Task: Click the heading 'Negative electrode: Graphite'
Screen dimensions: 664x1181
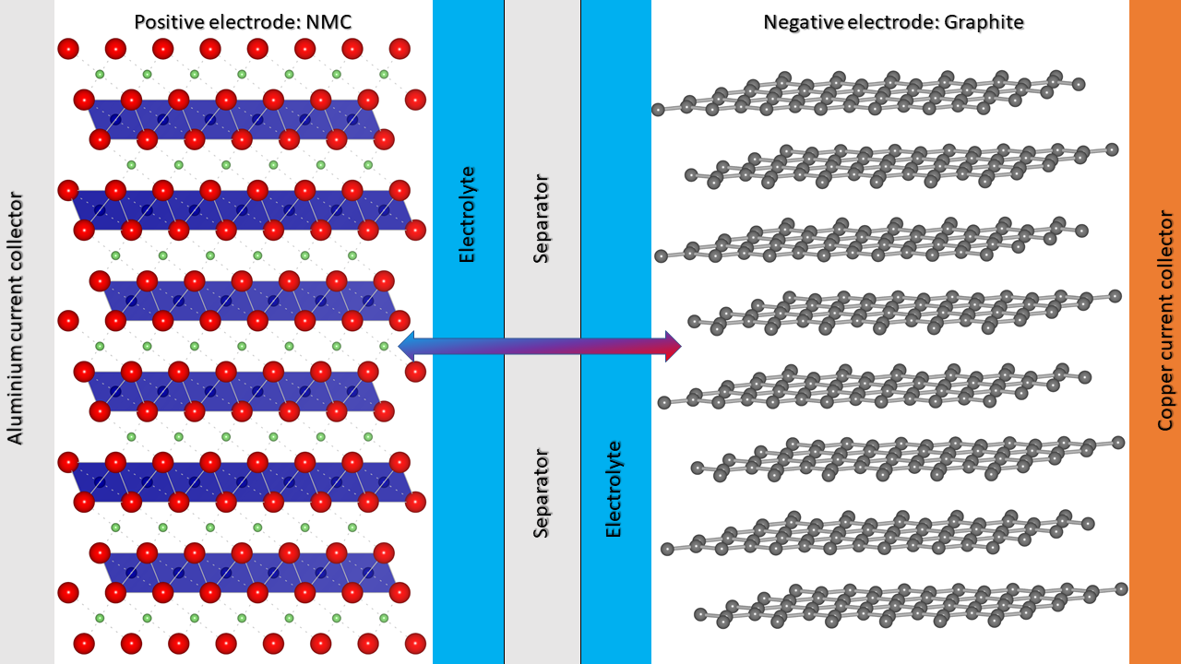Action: click(x=893, y=22)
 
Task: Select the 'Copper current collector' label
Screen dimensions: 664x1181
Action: click(x=1165, y=321)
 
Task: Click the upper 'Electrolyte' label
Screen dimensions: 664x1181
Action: click(x=468, y=214)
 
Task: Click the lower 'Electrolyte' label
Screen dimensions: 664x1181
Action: click(x=614, y=489)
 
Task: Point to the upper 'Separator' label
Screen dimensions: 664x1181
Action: click(x=542, y=219)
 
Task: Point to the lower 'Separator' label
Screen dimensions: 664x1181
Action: click(x=542, y=492)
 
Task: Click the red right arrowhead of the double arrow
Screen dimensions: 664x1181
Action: click(x=673, y=346)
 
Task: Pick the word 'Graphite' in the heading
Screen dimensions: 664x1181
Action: click(x=988, y=22)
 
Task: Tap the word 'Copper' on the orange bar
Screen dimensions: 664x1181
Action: click(x=1165, y=400)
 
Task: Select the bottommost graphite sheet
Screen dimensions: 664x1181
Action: click(x=909, y=603)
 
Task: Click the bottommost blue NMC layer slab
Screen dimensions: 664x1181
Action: click(x=249, y=573)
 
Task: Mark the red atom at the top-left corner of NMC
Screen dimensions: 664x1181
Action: click(x=67, y=50)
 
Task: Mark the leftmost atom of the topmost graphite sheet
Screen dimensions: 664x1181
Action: click(x=659, y=110)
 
